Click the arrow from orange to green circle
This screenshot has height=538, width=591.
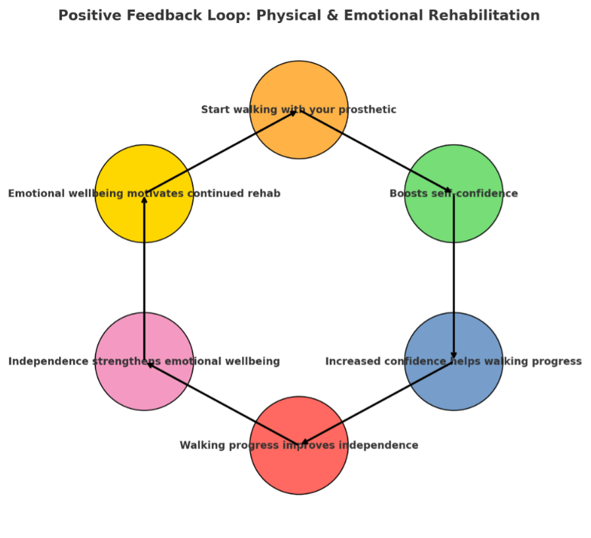376,152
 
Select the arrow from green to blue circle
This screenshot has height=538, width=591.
453,277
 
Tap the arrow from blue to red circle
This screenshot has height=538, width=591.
377,403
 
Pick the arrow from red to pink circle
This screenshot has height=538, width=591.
222,403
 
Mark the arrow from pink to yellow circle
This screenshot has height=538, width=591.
144,277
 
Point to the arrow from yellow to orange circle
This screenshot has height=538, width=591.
221,152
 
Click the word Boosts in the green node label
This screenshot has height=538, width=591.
408,193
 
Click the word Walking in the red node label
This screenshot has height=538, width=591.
202,445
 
